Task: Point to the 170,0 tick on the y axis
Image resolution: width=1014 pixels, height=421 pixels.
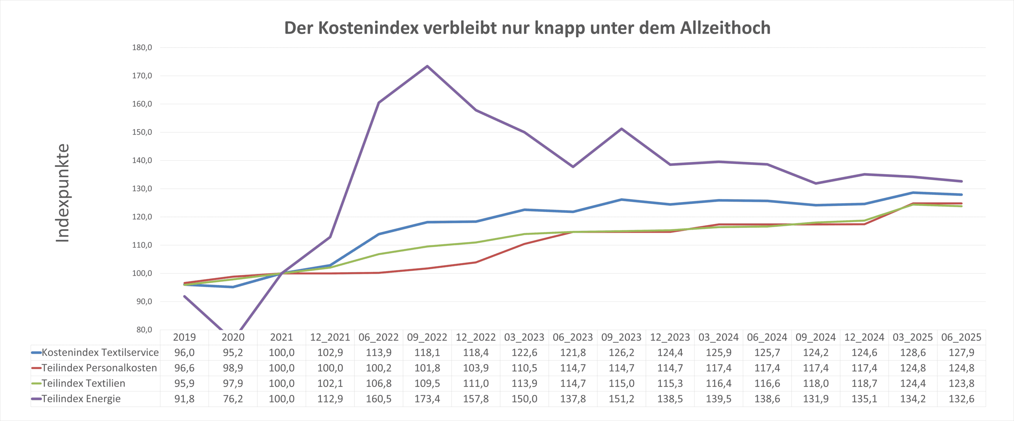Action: [142, 76]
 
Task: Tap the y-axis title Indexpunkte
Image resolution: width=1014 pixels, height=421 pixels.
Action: [63, 193]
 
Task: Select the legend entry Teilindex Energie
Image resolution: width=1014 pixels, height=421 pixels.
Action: [81, 399]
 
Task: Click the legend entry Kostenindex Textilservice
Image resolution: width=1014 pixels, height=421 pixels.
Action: [100, 352]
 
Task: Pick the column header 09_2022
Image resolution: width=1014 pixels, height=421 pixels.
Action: [427, 337]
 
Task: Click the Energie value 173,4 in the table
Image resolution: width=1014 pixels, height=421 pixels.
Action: [427, 399]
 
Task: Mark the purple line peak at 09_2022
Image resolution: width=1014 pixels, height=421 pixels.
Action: [427, 66]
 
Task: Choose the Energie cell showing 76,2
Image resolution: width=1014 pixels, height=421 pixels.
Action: [233, 399]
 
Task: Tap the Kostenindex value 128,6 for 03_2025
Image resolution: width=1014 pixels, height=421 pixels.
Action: [913, 352]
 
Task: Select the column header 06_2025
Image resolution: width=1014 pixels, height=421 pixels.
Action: [961, 337]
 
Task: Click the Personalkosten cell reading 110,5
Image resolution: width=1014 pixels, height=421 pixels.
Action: [524, 368]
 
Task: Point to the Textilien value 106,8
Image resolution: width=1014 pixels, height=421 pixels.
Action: [379, 383]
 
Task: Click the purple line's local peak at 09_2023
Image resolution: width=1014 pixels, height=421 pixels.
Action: [622, 129]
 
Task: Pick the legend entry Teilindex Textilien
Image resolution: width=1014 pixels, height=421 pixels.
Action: [83, 383]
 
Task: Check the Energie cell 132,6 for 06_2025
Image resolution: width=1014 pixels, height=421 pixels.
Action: [961, 399]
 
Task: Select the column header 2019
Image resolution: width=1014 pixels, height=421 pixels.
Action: [184, 337]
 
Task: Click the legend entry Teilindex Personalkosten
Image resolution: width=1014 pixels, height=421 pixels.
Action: [99, 368]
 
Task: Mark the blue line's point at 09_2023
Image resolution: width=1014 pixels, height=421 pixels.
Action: [622, 199]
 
